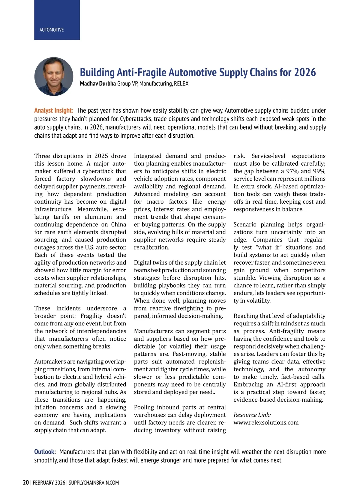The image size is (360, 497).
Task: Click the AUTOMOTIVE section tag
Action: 52,30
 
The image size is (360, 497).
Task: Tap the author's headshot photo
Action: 54,76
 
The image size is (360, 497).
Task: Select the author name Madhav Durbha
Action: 98,84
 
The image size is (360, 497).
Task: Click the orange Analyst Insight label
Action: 54,110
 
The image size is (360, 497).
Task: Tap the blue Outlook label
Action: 45,452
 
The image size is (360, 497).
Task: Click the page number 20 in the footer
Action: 26,483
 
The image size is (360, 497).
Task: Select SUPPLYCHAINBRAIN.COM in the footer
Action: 94,483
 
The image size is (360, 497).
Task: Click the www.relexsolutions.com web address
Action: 266,423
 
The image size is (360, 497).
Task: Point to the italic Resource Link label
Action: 252,415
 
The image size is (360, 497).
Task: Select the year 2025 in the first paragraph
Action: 101,156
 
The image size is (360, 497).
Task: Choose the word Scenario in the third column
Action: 245,224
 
